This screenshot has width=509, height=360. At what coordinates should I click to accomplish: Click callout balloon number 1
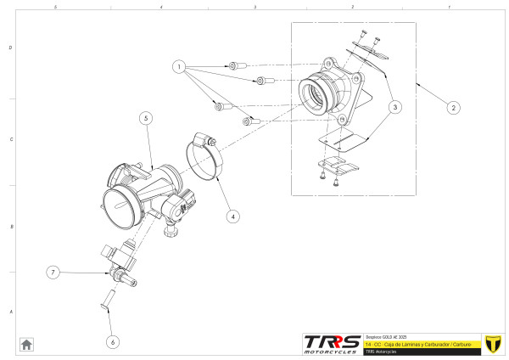(179, 65)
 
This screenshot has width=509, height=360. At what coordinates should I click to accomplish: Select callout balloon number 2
(454, 108)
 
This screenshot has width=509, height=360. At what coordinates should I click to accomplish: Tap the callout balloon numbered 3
(396, 107)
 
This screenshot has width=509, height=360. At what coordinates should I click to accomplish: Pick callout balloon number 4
(233, 216)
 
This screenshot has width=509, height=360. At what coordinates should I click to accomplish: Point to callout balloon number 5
(147, 119)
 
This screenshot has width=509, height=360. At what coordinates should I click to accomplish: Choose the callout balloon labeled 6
(113, 341)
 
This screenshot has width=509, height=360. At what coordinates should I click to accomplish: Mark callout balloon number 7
(53, 273)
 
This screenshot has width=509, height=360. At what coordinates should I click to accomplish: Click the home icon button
(26, 344)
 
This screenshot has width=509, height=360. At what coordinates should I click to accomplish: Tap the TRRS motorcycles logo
(332, 344)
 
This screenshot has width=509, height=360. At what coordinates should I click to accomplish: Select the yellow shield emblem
(491, 343)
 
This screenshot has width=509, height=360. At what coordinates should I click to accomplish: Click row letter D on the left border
(10, 48)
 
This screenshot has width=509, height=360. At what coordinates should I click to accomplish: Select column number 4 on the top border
(160, 7)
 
